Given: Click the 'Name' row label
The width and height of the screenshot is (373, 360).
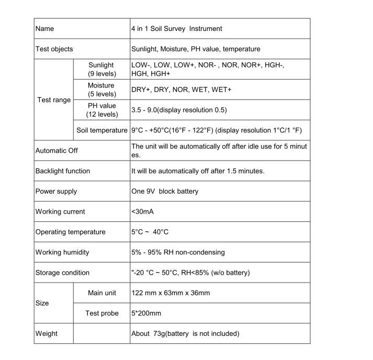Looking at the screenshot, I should point(44,29).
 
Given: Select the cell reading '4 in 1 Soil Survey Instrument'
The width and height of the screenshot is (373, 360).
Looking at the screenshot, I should point(176,29).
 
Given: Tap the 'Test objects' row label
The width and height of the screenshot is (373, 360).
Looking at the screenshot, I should point(54,49).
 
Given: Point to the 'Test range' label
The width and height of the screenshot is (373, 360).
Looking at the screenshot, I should point(54,99).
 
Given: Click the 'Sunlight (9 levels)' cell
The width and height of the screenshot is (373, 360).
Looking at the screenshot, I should point(101,70).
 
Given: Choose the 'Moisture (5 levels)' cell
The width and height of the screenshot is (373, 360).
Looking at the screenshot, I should point(101,89).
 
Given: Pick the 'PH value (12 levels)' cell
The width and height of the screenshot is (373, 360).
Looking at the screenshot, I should point(101,110).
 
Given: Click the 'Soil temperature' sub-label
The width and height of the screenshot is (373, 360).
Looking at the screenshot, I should point(101,130).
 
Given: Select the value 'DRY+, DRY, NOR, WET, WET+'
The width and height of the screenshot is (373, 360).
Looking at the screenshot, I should point(181,89).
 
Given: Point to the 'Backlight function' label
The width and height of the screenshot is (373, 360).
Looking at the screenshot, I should point(62,171).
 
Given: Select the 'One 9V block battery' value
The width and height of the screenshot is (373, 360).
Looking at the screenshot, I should point(165,192).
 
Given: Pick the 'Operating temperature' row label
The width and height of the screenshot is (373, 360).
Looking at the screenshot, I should point(70,232).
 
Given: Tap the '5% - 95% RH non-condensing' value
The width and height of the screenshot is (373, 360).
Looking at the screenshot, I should point(178,252).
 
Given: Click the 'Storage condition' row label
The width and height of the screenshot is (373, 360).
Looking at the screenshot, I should point(62,273).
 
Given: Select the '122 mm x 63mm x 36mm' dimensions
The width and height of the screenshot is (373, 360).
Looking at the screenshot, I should point(171,293).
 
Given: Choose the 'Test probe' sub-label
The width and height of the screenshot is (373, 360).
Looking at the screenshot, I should point(101,313).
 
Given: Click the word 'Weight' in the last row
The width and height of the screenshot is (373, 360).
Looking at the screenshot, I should point(47,333).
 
